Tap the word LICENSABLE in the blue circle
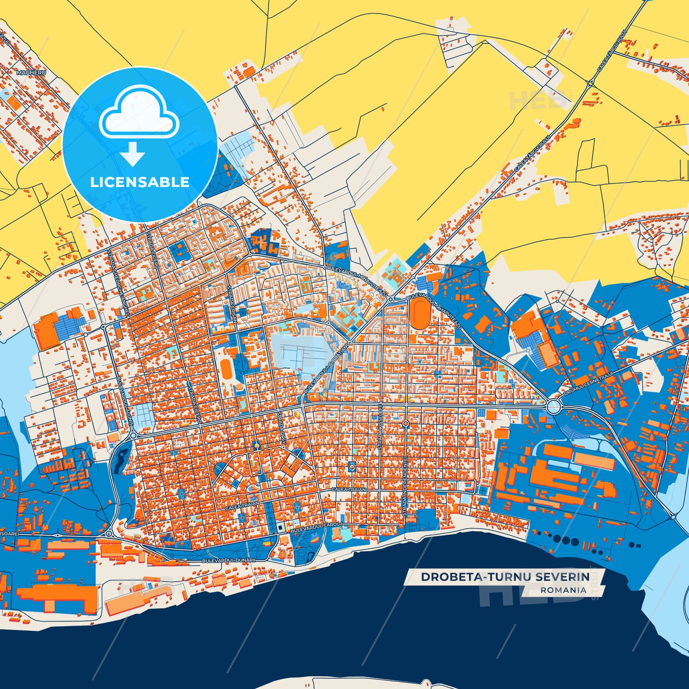point(140,182)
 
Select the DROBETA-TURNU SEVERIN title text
point(505,577)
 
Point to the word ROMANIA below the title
point(563,590)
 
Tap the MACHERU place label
point(31,72)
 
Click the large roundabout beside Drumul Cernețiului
point(554,407)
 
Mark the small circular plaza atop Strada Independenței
point(405,423)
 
